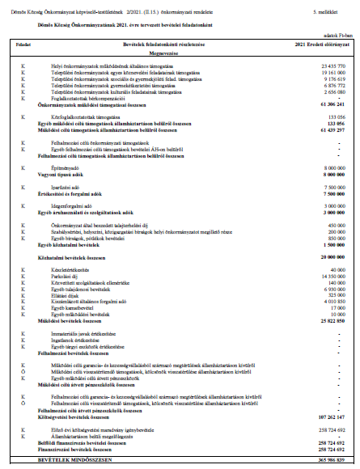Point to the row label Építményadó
click(62, 167)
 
